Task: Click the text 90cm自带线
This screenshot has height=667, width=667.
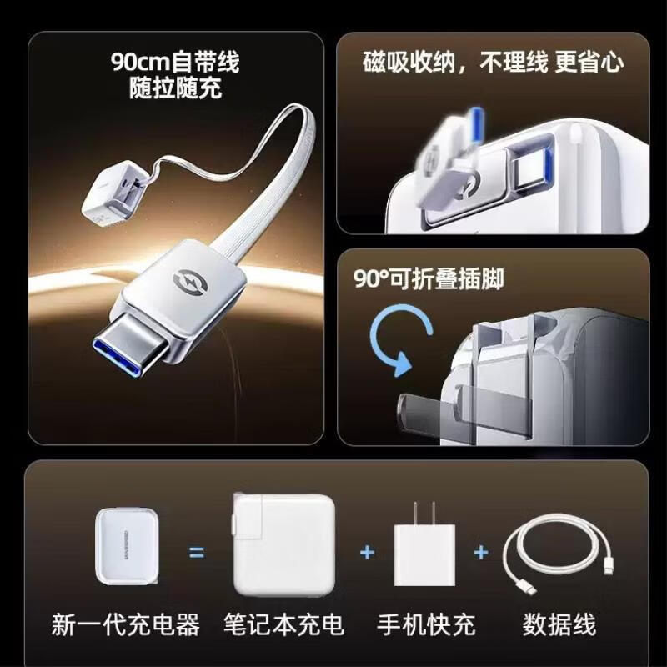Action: click(175, 62)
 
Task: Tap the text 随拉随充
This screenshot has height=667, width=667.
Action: click(175, 88)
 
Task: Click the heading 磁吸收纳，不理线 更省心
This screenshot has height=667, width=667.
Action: click(493, 63)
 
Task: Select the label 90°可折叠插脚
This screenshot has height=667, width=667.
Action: click(429, 279)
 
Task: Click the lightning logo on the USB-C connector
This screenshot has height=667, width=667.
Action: click(190, 281)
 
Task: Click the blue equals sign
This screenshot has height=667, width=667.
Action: click(196, 553)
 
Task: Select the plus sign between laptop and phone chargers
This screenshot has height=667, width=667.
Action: click(367, 553)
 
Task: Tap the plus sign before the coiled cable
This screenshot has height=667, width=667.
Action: click(481, 553)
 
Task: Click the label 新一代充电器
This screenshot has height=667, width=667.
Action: click(126, 624)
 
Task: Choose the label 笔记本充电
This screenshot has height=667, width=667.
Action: click(283, 624)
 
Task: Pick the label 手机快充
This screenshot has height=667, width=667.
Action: click(426, 624)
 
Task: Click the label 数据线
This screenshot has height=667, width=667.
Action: click(559, 624)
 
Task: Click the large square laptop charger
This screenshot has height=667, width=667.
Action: click(284, 544)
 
